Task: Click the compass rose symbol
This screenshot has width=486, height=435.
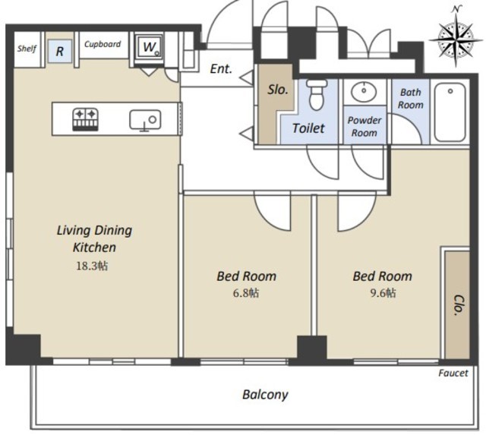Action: tap(456, 39)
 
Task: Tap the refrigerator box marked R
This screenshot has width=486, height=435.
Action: tap(60, 51)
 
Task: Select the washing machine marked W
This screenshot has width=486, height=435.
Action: tap(150, 47)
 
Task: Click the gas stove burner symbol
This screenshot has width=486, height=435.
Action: tap(86, 119)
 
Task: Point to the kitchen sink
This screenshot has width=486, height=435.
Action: tap(145, 120)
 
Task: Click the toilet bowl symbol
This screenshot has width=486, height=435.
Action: tap(317, 94)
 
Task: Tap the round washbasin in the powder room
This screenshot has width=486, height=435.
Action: tap(364, 92)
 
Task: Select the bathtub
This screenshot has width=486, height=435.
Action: tap(450, 112)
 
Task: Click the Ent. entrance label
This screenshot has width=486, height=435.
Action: tap(221, 69)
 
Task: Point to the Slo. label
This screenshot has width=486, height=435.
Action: tap(278, 90)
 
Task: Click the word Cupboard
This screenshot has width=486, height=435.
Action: tap(103, 44)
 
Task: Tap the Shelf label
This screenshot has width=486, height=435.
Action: tap(27, 49)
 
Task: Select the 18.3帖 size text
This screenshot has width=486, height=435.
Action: tap(92, 266)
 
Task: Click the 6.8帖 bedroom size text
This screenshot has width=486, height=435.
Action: tap(246, 293)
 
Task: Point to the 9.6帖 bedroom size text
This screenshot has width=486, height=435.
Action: tap(383, 293)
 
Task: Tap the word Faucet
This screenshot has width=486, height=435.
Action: tap(453, 373)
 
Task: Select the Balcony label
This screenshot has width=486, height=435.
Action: tap(265, 395)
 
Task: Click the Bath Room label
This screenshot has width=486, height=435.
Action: tap(410, 99)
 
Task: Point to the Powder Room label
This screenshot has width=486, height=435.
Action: tap(364, 127)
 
